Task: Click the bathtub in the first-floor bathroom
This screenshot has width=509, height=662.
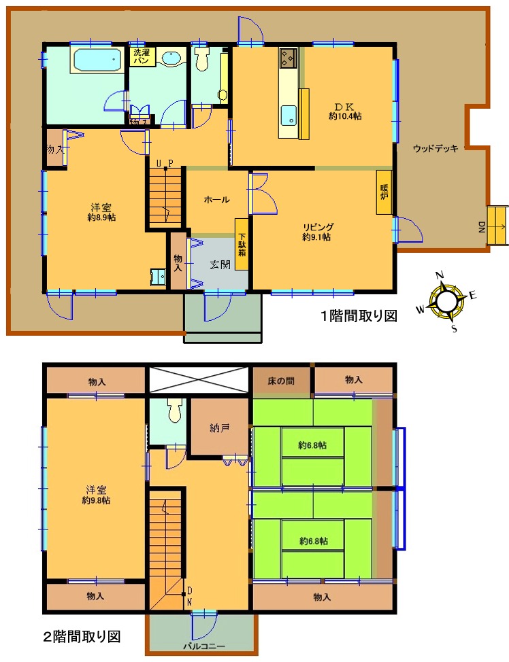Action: (x=98, y=60)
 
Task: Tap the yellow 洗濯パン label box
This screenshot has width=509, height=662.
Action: (x=142, y=56)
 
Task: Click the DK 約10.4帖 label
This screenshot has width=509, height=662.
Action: (x=345, y=111)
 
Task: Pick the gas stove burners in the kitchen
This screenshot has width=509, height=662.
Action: (x=289, y=58)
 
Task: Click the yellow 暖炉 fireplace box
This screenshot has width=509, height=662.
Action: (x=384, y=192)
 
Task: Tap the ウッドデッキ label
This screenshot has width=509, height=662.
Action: (x=436, y=149)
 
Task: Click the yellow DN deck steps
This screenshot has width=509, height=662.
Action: (x=497, y=226)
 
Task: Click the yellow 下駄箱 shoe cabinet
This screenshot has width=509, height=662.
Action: (x=242, y=244)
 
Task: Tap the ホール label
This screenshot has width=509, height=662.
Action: (x=216, y=199)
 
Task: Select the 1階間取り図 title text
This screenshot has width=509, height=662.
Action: (x=359, y=316)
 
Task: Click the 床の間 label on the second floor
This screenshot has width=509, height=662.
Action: (x=281, y=381)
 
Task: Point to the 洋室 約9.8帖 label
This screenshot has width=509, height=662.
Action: (x=97, y=495)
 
